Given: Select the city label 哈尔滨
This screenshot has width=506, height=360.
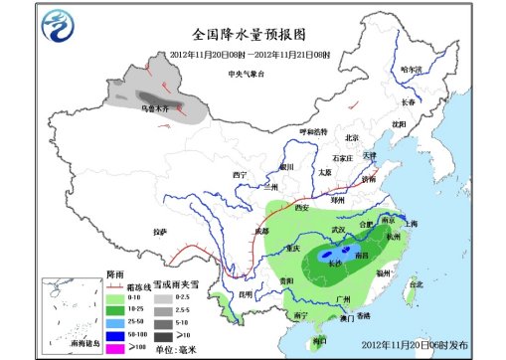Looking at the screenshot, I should [x=411, y=70].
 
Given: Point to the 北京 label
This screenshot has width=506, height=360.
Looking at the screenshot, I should [x=350, y=138].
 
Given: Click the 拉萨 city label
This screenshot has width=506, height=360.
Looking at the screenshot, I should [x=160, y=231].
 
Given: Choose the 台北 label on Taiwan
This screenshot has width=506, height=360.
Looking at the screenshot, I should [x=416, y=283].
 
